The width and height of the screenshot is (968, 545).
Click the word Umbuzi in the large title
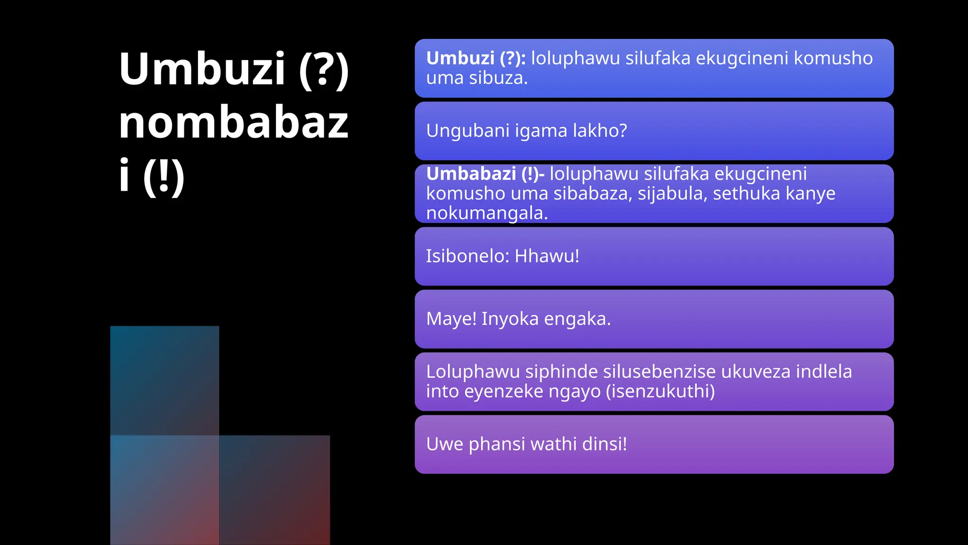coord(202,69)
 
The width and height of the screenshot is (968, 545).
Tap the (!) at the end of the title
coord(164,176)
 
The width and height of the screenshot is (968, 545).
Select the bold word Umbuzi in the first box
coord(460,58)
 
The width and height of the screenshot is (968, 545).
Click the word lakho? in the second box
coord(599,131)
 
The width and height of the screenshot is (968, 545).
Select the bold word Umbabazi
coord(471,174)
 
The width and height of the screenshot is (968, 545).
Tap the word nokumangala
coord(487,213)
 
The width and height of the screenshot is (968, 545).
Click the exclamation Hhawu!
coord(547,256)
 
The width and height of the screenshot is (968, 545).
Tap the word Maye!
coord(451,319)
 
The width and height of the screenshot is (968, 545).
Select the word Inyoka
coord(510,319)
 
